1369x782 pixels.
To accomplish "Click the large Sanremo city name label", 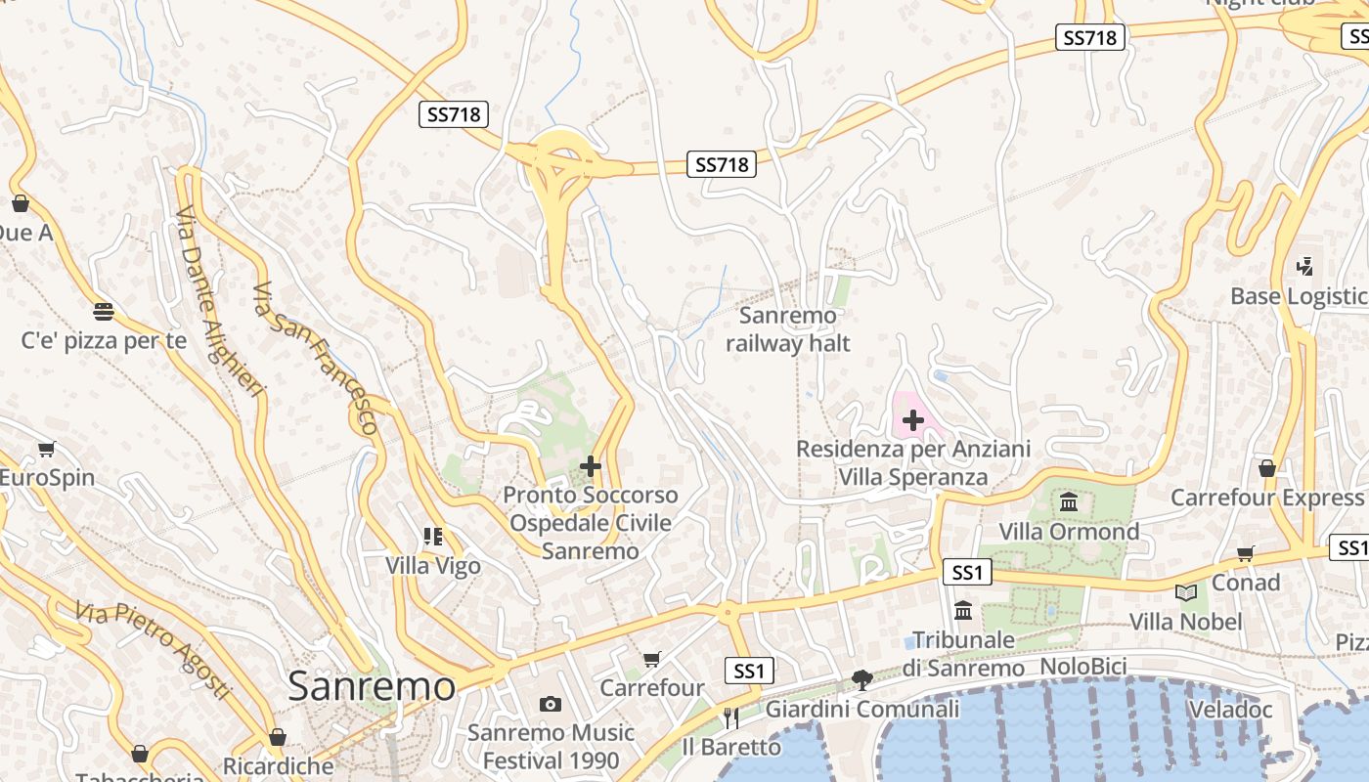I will (x=372, y=686).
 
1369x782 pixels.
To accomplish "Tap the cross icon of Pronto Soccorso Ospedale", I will (x=591, y=466).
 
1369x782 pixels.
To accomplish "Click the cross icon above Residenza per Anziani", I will (x=913, y=420).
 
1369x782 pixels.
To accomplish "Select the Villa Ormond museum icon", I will (x=1069, y=502).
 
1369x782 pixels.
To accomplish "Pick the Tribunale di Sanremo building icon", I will (x=963, y=610).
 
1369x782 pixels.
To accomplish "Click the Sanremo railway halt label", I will (x=788, y=329).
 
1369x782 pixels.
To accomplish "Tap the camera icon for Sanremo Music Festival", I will (x=551, y=704).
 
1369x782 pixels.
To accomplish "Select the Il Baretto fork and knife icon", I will (x=730, y=718).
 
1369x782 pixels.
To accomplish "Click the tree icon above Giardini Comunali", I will (x=861, y=679).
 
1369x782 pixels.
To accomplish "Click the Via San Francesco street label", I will (x=315, y=358).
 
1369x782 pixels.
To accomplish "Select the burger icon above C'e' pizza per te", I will (x=104, y=312).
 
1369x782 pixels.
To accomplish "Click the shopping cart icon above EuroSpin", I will (x=46, y=450).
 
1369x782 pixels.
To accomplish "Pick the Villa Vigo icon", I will (x=433, y=536).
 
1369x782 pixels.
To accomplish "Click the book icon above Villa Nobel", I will (x=1185, y=592).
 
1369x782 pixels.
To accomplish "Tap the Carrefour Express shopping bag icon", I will (x=1267, y=468).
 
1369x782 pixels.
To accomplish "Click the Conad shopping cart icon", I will (x=1245, y=554).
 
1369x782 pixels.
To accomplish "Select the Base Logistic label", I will (x=1299, y=296).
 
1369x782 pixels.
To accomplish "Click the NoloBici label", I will (x=1083, y=666).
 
